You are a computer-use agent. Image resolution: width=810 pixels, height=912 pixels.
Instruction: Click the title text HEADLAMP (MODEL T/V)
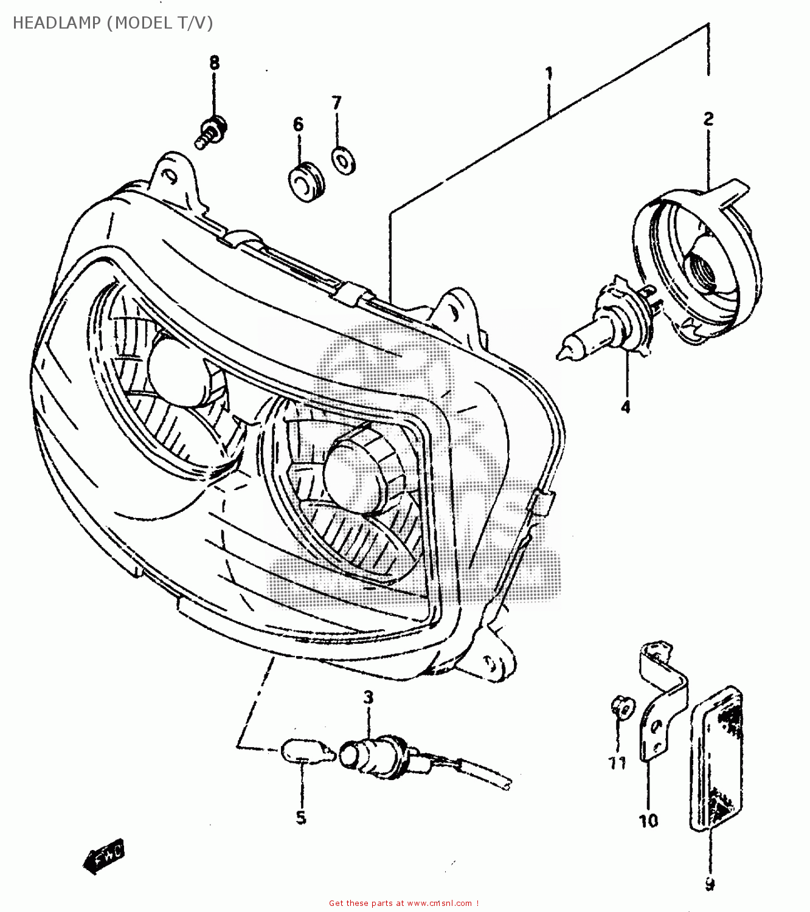point(112,23)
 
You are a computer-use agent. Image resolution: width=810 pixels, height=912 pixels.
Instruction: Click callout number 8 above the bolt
point(214,63)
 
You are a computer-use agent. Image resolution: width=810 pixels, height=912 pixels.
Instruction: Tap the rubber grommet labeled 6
point(305,182)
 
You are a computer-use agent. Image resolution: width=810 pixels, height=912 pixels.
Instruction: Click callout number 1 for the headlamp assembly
point(549,75)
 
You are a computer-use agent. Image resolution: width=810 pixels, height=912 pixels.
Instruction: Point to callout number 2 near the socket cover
point(708,119)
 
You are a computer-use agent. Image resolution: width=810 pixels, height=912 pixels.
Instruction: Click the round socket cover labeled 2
point(699,268)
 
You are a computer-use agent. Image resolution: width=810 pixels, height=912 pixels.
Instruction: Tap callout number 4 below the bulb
point(626,407)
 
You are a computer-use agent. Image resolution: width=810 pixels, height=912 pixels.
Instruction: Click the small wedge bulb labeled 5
point(307,751)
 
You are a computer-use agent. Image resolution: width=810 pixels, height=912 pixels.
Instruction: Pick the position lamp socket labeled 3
point(374,754)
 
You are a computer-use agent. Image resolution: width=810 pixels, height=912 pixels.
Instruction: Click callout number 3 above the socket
point(369,697)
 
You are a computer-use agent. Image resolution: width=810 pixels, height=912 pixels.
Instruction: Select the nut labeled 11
point(621,708)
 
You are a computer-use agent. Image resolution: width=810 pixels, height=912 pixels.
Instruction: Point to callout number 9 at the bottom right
point(709,885)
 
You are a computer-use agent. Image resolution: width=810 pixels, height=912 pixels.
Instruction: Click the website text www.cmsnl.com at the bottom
point(438,903)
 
